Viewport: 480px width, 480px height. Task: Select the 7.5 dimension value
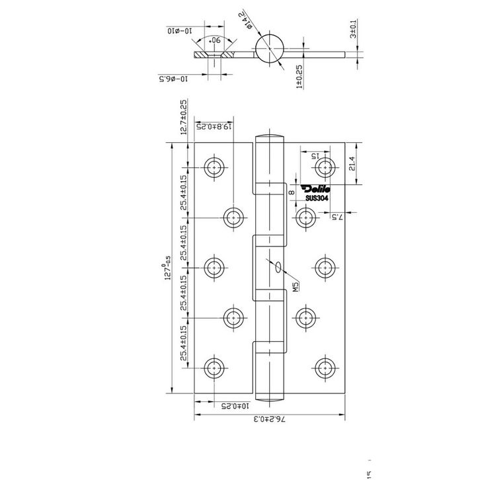pyautogui.click(x=335, y=216)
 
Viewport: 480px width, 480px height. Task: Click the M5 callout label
pyautogui.click(x=296, y=286)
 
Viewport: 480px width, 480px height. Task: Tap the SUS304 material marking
pyautogui.click(x=317, y=196)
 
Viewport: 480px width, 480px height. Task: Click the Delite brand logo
pyautogui.click(x=317, y=188)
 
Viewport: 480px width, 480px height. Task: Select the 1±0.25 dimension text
pyautogui.click(x=299, y=76)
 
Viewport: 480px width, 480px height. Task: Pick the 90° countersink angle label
pyautogui.click(x=214, y=41)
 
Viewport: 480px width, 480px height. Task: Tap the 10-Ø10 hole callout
pyautogui.click(x=179, y=31)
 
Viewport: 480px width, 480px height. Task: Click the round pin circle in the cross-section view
pyautogui.click(x=270, y=49)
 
